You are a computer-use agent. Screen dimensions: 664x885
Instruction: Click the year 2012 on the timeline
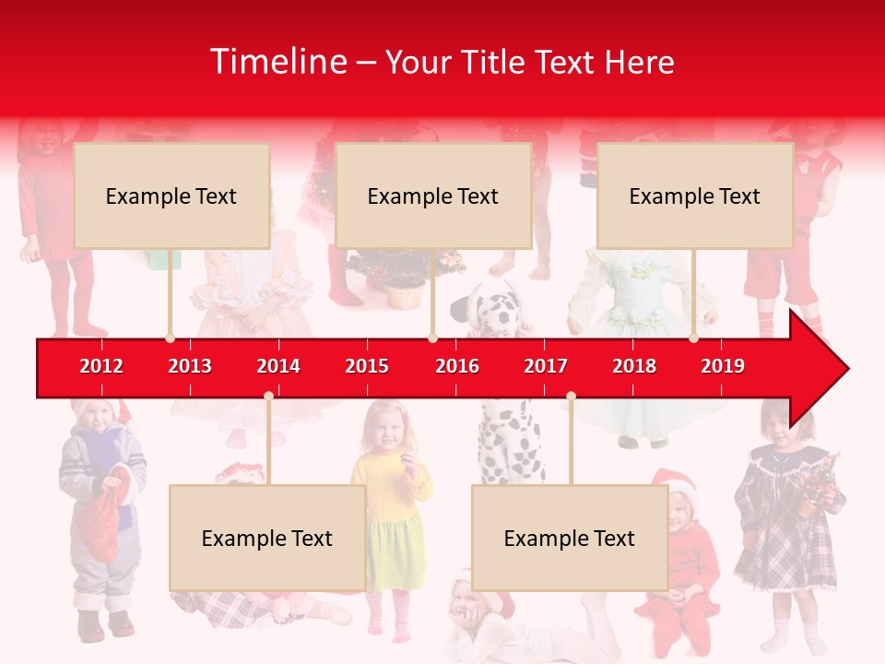pos(101,366)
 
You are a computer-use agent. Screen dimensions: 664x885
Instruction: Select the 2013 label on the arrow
pos(190,366)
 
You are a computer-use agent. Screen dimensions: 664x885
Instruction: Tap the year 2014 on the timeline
pos(278,366)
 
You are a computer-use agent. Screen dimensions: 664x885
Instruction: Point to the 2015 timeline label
pos(367,366)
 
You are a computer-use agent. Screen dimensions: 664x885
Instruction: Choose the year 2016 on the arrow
pos(457,366)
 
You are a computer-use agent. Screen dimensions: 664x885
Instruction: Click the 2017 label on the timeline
pos(546,366)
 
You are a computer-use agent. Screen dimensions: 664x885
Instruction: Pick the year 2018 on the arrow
pos(634,366)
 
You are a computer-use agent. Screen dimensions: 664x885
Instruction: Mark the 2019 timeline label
pos(723,366)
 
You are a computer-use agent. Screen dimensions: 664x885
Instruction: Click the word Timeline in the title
pos(277,62)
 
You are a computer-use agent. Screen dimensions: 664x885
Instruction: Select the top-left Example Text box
pos(171,196)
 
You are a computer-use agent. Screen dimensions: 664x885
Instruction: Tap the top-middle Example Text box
pos(433,196)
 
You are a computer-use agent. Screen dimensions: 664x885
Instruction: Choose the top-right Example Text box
pos(695,196)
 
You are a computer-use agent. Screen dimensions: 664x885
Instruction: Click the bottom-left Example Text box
pos(267,538)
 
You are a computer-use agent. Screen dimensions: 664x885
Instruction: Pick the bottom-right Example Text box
pos(570,538)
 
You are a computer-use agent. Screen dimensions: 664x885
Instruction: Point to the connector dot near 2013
pos(170,338)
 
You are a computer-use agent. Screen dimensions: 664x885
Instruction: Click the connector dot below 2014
pos(268,397)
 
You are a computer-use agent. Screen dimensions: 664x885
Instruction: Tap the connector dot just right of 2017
pos(571,397)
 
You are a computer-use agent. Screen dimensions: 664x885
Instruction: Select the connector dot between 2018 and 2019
pos(693,338)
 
